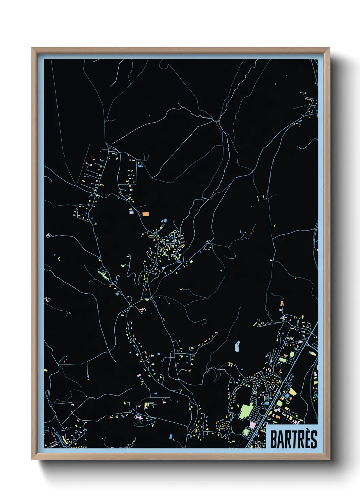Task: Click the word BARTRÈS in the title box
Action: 293,439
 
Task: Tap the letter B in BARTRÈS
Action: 274,440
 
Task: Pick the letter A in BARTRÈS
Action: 281,440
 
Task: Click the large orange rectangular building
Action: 146,214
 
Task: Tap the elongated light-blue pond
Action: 237,346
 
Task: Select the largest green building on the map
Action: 246,410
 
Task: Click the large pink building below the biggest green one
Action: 252,425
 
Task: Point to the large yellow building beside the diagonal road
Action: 293,391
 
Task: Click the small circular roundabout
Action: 116,154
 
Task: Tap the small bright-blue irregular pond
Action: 140,166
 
